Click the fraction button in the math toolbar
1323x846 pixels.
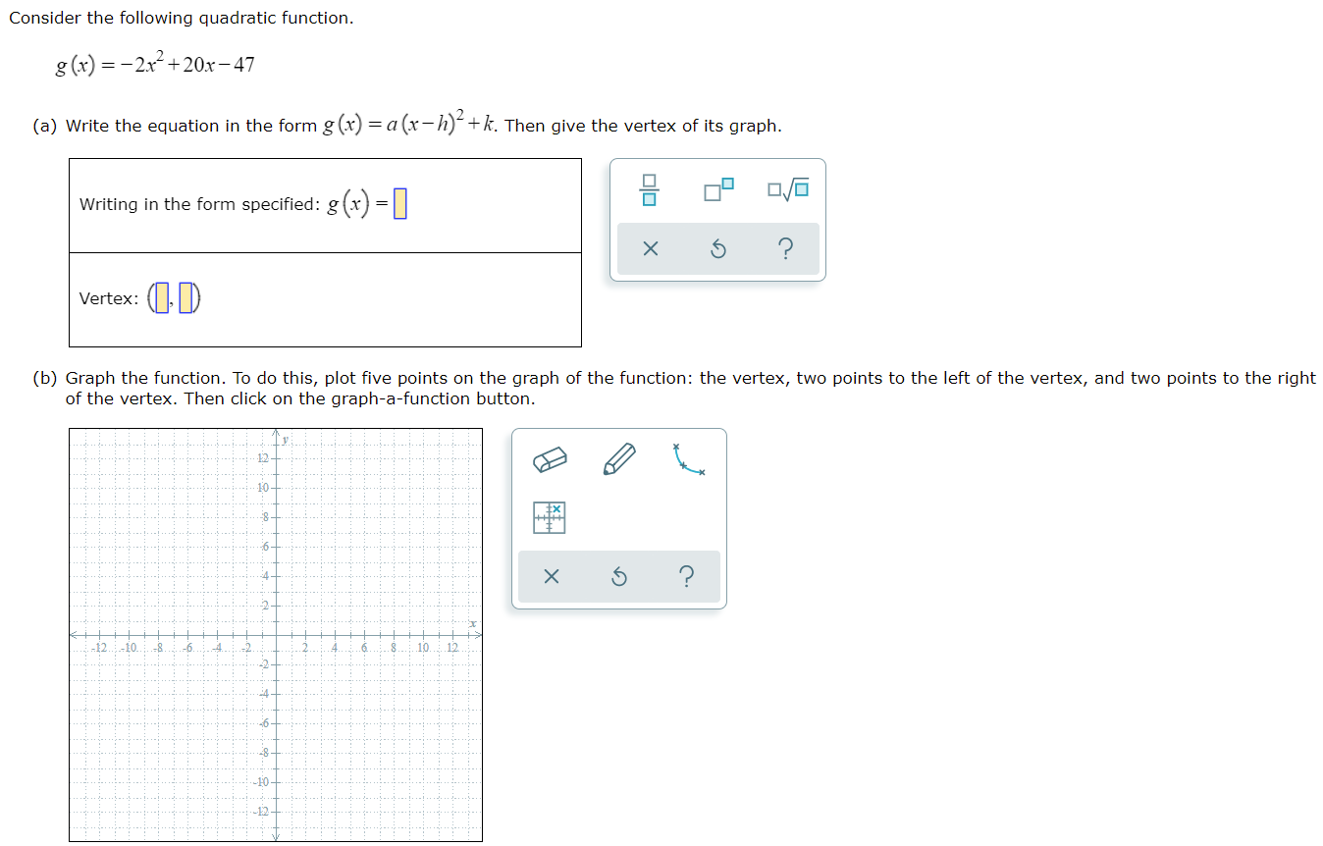click(x=649, y=189)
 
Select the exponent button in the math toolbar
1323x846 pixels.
click(x=718, y=189)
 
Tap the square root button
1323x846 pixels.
click(x=789, y=189)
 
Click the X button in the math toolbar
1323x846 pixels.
click(x=649, y=249)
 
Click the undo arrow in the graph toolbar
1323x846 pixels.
click(x=618, y=577)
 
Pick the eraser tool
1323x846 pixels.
click(x=551, y=459)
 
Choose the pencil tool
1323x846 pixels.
click(x=619, y=459)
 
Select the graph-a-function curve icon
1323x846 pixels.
click(x=688, y=459)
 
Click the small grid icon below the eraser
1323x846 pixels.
click(x=550, y=517)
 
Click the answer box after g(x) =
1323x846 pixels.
click(x=399, y=204)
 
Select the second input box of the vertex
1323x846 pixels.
click(x=185, y=298)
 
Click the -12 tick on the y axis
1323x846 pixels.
click(x=261, y=812)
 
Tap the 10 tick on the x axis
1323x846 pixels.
click(x=423, y=648)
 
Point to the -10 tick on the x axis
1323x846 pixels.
click(x=130, y=648)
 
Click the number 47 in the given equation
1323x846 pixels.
click(x=243, y=66)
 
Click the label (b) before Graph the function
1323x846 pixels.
click(x=44, y=378)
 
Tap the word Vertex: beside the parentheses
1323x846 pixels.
click(x=108, y=298)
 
